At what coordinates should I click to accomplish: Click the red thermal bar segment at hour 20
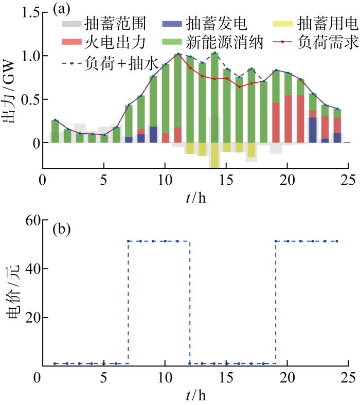pos(288,118)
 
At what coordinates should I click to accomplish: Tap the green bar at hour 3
pos(80,138)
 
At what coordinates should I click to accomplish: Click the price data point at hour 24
pos(337,241)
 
